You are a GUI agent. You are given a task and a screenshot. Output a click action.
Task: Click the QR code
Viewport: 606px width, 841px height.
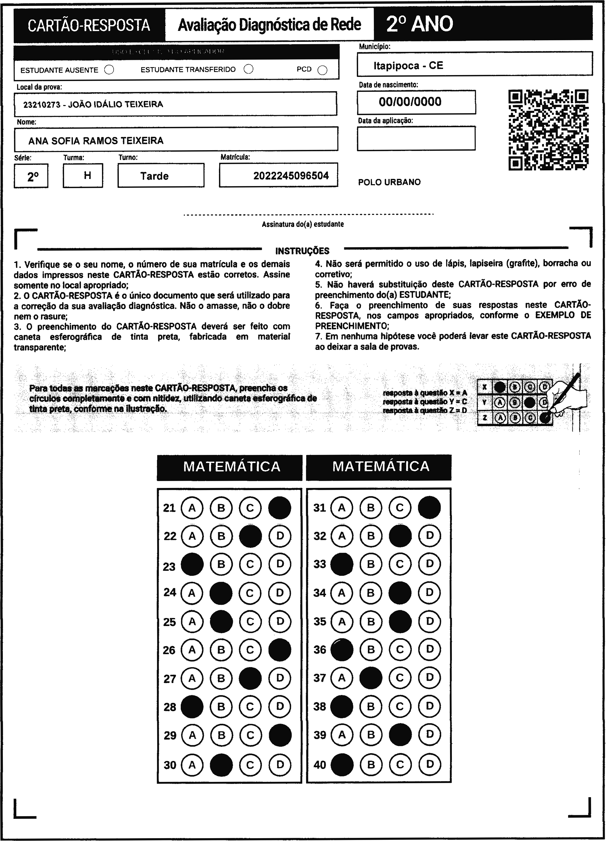point(548,130)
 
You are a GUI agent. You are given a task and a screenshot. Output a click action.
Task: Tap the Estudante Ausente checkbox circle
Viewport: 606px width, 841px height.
point(109,70)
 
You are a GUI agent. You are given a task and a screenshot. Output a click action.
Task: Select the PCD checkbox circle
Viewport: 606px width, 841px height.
point(322,70)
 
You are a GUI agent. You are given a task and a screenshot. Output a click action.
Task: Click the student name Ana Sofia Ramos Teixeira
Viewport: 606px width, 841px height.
point(96,141)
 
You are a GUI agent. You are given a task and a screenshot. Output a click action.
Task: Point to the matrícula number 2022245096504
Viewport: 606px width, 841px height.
point(291,175)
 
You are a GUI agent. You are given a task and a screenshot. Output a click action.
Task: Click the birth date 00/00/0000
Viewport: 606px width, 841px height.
point(410,102)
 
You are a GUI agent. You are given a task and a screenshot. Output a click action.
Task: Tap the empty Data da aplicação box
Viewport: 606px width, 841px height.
point(416,138)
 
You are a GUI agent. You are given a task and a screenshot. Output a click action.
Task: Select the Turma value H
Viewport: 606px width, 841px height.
point(88,175)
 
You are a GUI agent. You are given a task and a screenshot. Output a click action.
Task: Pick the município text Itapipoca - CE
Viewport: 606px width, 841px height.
point(408,66)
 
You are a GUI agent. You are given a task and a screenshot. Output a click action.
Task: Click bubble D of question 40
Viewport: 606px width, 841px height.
point(429,764)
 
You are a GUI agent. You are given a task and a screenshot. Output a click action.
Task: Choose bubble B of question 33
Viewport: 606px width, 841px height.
point(371,564)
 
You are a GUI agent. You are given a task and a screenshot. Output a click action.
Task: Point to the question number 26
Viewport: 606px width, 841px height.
point(169,650)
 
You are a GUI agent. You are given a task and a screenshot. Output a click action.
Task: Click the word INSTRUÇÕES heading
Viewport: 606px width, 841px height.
point(302,251)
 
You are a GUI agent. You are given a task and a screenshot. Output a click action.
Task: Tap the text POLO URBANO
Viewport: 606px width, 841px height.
point(389,182)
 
